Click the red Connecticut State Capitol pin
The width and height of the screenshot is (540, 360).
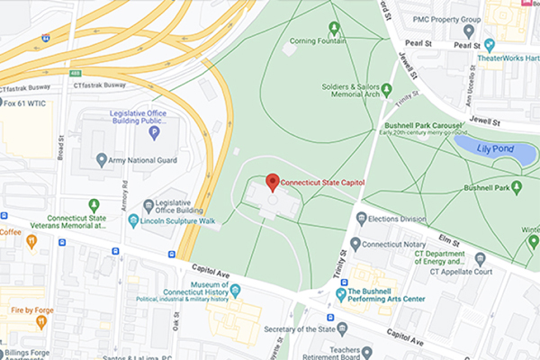(x=273, y=182)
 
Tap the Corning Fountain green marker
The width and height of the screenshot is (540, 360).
(x=335, y=28)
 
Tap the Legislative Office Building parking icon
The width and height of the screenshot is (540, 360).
(x=154, y=133)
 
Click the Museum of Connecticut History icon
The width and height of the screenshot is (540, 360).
(x=235, y=290)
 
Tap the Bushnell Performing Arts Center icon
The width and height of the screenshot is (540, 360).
(x=341, y=293)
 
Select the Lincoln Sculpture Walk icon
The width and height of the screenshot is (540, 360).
(x=134, y=220)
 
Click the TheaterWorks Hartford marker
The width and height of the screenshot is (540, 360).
(x=490, y=44)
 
